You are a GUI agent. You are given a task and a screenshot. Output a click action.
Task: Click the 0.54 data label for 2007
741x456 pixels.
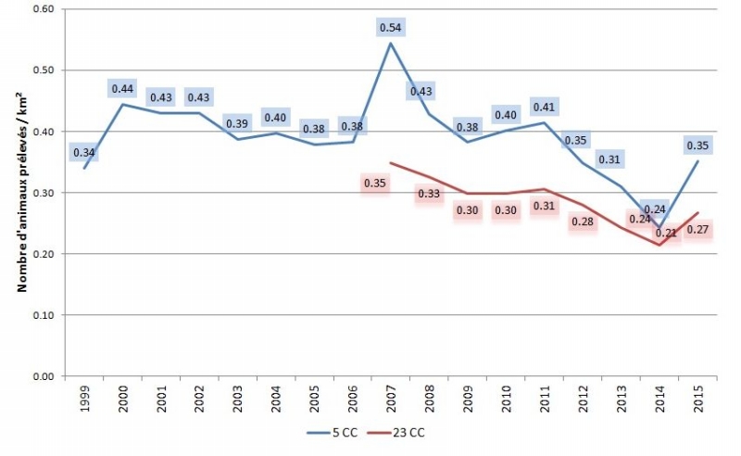click(x=390, y=28)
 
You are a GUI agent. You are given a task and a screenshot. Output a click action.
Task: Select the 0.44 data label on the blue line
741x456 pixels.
click(x=123, y=89)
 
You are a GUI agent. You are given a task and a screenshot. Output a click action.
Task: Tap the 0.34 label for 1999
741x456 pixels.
click(x=84, y=152)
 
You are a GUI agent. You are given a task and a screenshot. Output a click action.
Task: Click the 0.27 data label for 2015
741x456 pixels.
click(x=697, y=230)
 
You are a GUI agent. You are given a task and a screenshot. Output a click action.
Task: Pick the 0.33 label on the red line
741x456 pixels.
click(x=428, y=195)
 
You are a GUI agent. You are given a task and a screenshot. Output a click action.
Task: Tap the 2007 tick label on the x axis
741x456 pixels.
click(x=391, y=396)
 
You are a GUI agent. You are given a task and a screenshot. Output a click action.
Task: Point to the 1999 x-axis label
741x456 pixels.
click(x=86, y=396)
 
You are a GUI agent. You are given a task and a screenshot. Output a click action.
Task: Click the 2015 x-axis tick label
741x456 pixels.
click(x=697, y=396)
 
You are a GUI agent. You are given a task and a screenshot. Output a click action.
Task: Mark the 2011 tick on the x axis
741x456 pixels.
click(x=544, y=396)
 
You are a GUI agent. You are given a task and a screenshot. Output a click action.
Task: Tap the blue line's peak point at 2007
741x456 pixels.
click(x=391, y=44)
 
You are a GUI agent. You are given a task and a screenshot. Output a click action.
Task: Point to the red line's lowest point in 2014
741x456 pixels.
click(x=658, y=245)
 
